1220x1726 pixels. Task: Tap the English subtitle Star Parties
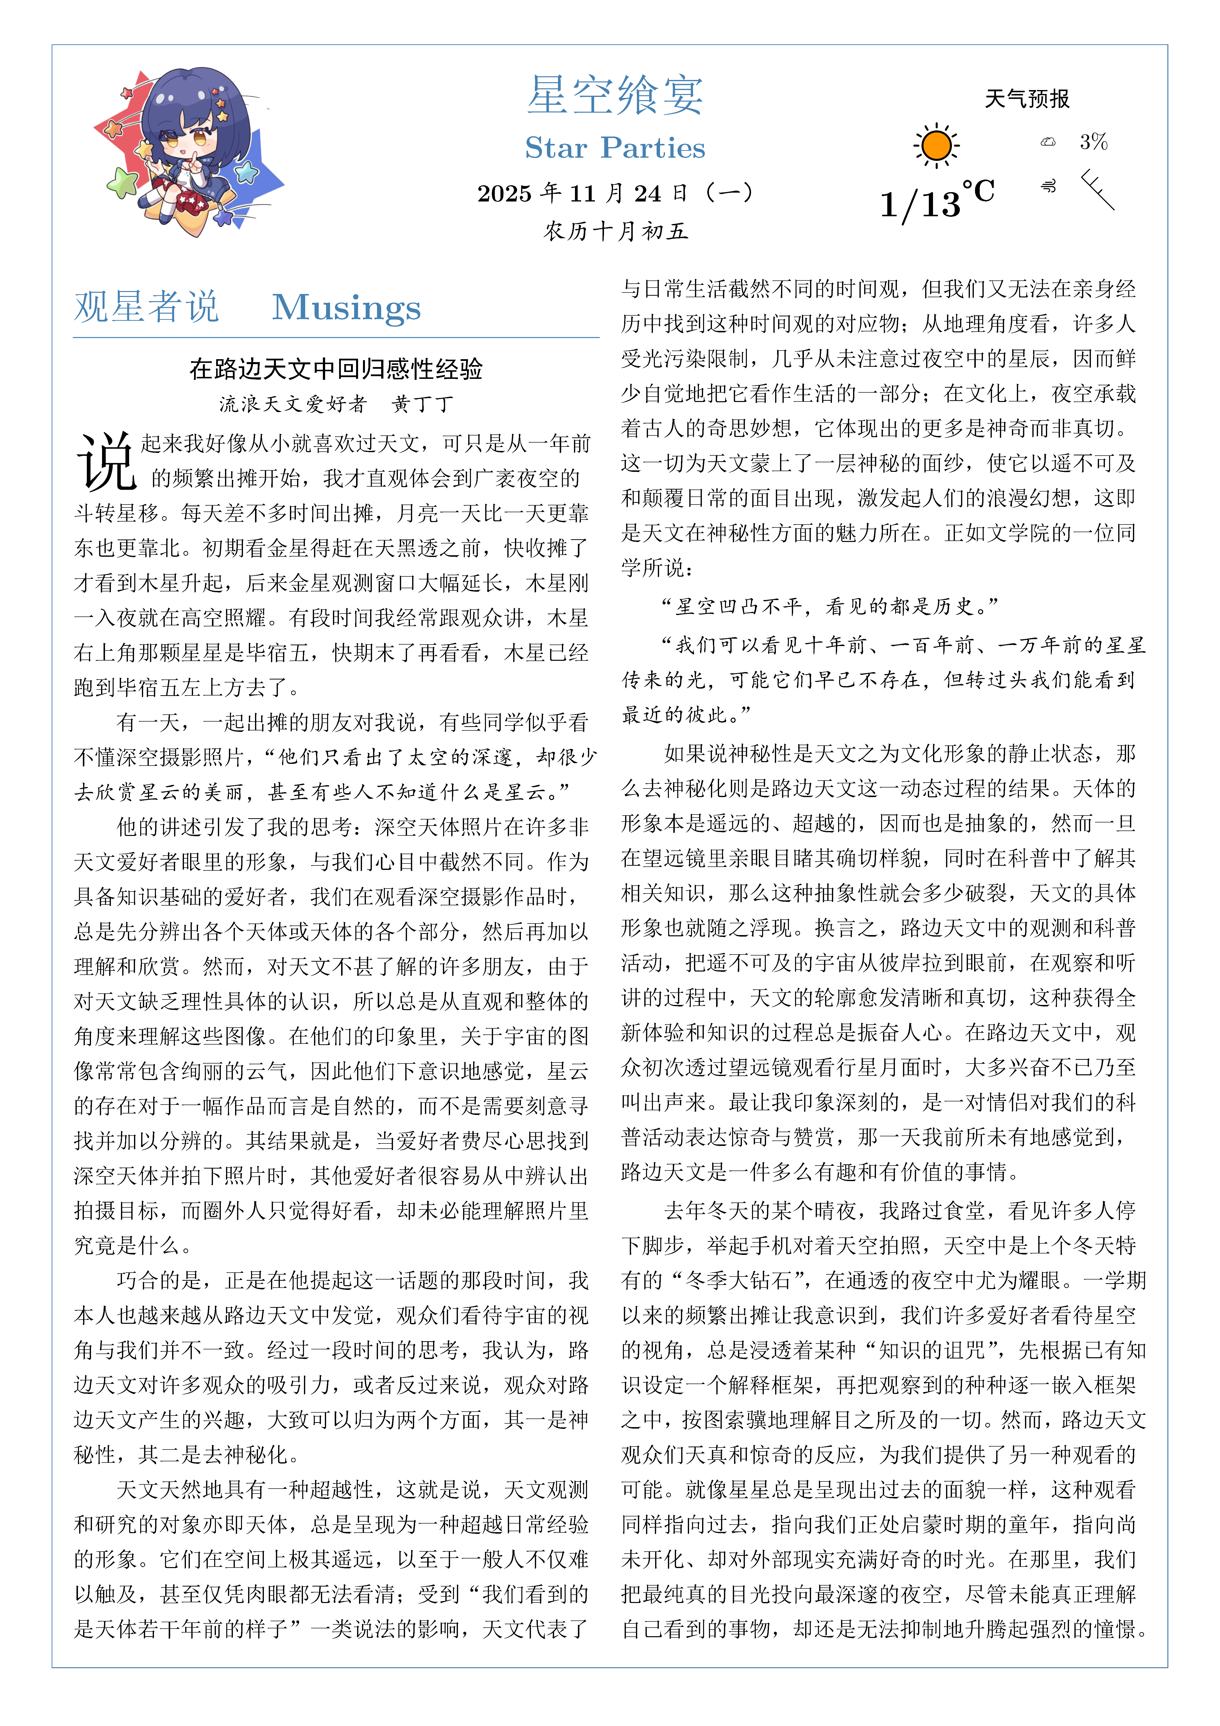tap(615, 148)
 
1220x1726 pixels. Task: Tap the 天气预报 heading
tap(1027, 98)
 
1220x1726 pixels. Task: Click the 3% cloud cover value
tap(1094, 141)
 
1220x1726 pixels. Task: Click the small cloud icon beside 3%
tap(1048, 141)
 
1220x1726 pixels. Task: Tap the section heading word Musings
tap(346, 308)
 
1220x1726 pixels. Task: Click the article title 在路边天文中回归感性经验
tap(336, 369)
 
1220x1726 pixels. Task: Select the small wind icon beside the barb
tap(1048, 186)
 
